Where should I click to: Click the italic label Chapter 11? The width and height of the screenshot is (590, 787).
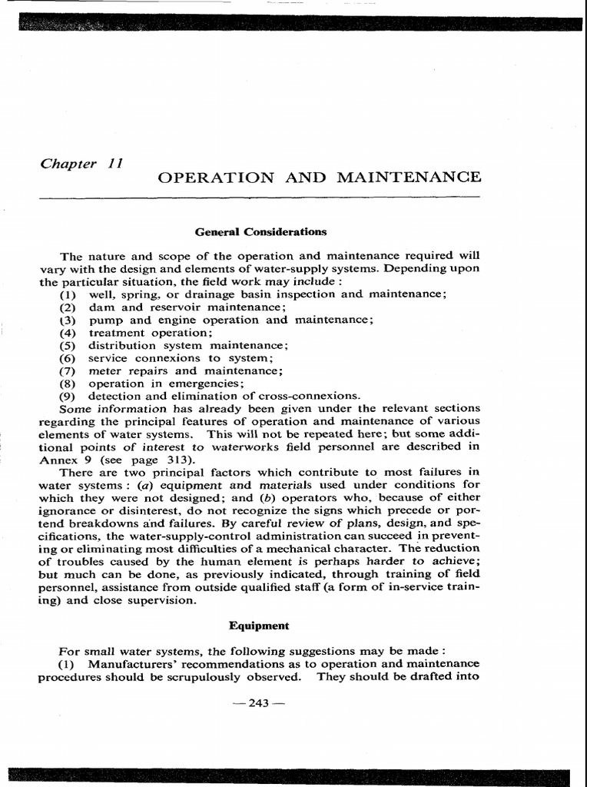(x=81, y=164)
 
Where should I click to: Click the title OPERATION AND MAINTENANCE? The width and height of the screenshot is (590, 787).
(x=319, y=178)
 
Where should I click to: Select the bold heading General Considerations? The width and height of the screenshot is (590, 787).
(x=260, y=231)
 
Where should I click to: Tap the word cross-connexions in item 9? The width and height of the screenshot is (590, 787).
(x=313, y=395)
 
